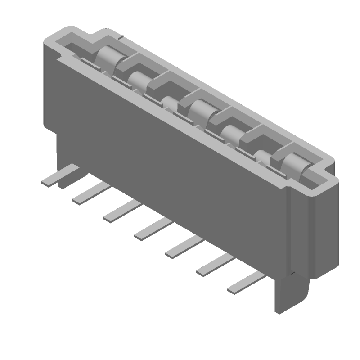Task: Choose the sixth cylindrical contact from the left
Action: pos(263,156)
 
